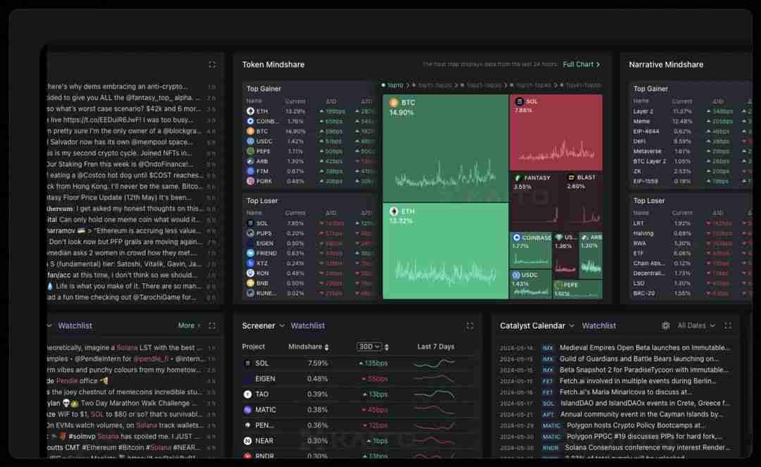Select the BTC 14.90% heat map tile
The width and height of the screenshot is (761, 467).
pyautogui.click(x=445, y=148)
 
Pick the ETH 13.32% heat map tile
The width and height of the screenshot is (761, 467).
pyautogui.click(x=445, y=251)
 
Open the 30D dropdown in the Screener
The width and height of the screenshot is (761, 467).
pyautogui.click(x=369, y=347)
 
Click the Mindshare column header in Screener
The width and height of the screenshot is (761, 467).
pyautogui.click(x=305, y=347)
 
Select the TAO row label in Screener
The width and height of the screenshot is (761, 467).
pyautogui.click(x=261, y=394)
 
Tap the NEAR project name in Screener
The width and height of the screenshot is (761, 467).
pyautogui.click(x=264, y=441)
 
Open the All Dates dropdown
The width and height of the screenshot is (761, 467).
pyautogui.click(x=696, y=325)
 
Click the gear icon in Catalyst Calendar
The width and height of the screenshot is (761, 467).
pyautogui.click(x=665, y=325)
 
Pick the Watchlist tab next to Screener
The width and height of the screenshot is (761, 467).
pyautogui.click(x=308, y=325)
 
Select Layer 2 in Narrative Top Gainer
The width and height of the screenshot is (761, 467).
pyautogui.click(x=643, y=111)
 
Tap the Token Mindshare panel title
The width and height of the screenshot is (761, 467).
pyautogui.click(x=273, y=65)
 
